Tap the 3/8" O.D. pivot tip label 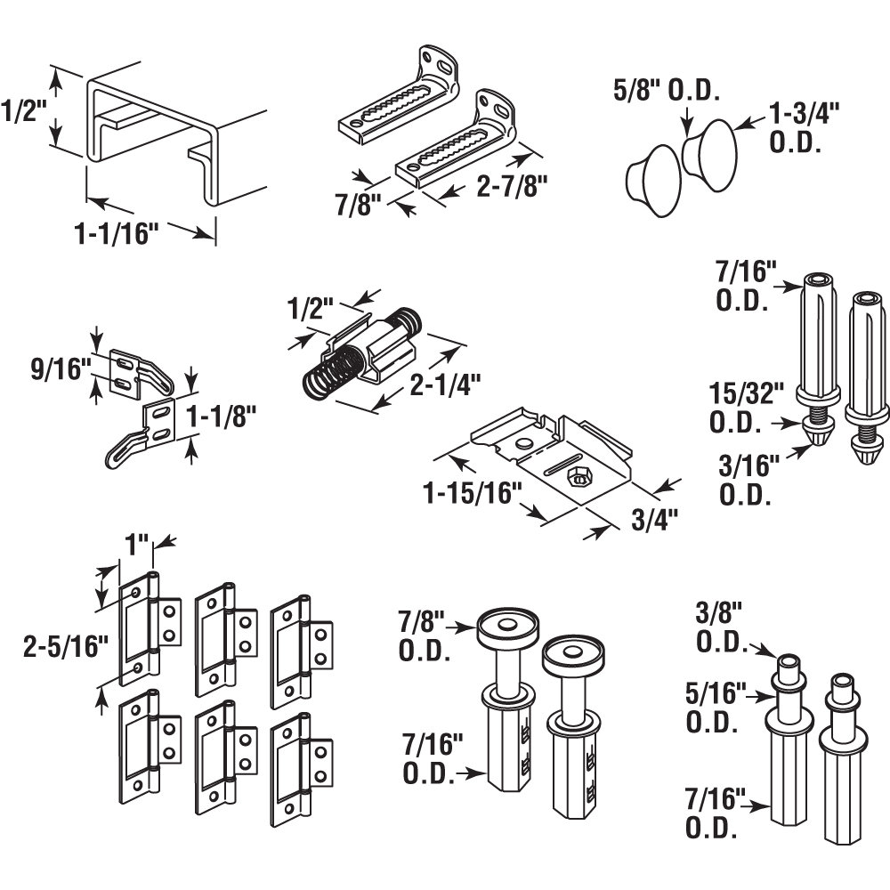(722, 624)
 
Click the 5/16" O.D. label (715, 708)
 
